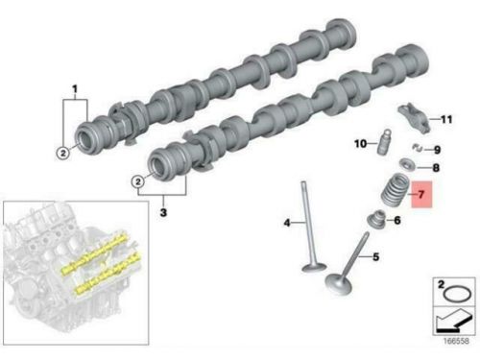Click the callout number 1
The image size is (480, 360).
click(75, 88)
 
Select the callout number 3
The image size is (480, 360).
click(163, 212)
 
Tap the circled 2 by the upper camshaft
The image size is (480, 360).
click(63, 153)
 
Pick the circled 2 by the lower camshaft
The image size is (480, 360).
click(138, 181)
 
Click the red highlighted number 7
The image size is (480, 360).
click(421, 194)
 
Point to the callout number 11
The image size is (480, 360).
click(446, 119)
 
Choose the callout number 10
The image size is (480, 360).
click(360, 144)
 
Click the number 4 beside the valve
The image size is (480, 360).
click(287, 223)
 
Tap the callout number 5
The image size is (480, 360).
click(376, 256)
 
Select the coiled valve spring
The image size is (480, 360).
click(395, 190)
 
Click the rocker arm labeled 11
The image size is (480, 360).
click(414, 118)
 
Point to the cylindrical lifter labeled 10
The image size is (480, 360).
click(384, 142)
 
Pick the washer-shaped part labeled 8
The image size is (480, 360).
click(407, 164)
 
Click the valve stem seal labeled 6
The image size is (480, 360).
click(376, 219)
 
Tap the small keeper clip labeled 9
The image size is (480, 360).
click(418, 147)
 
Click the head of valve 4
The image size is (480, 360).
click(314, 267)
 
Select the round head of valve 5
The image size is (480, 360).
click(339, 283)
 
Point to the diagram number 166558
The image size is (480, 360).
click(456, 341)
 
